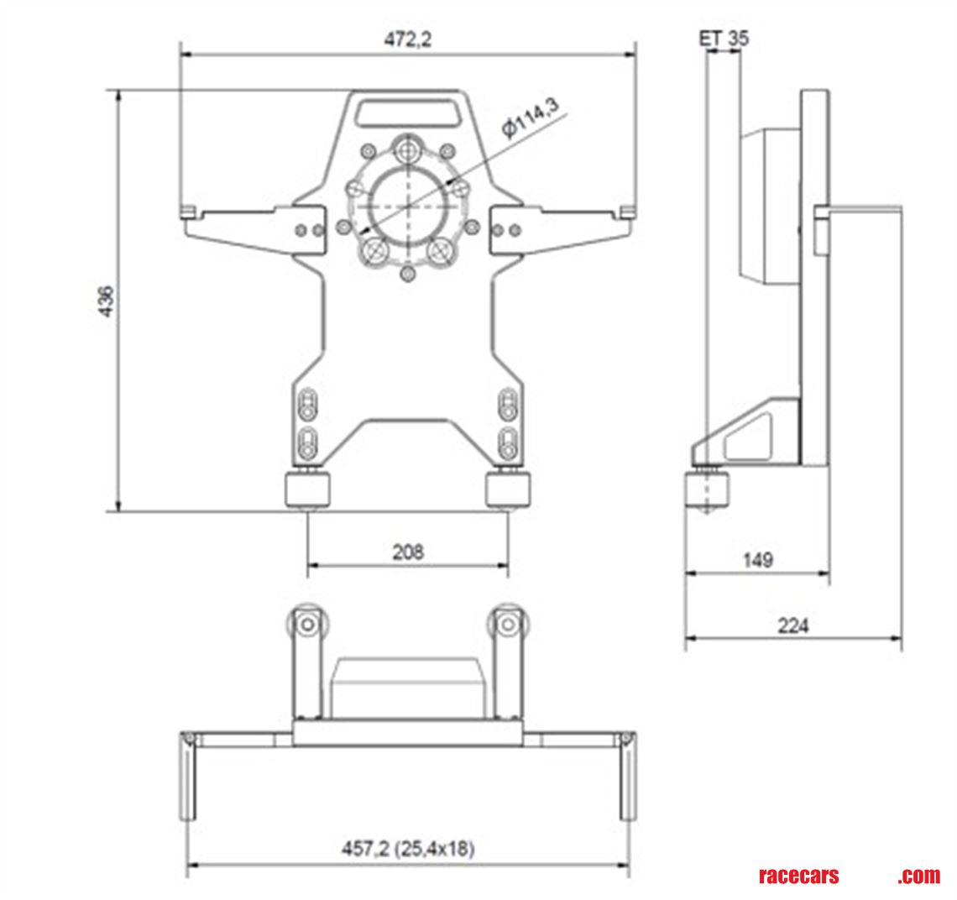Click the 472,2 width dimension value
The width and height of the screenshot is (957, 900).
point(408,39)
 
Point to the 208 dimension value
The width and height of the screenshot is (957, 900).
point(408,552)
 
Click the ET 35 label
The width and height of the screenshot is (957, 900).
point(724,39)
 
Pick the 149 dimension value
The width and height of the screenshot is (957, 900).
point(757,559)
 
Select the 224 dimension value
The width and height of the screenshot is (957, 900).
point(792,625)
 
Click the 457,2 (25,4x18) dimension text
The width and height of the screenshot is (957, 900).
point(408,849)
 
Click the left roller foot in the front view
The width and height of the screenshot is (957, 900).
point(307,489)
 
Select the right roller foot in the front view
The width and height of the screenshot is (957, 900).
point(509,489)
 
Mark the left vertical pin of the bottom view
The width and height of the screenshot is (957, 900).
point(187,776)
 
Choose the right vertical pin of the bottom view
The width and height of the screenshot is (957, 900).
point(628,776)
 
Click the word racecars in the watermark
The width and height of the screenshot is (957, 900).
point(798,876)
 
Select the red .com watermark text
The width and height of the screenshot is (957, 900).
point(918,876)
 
